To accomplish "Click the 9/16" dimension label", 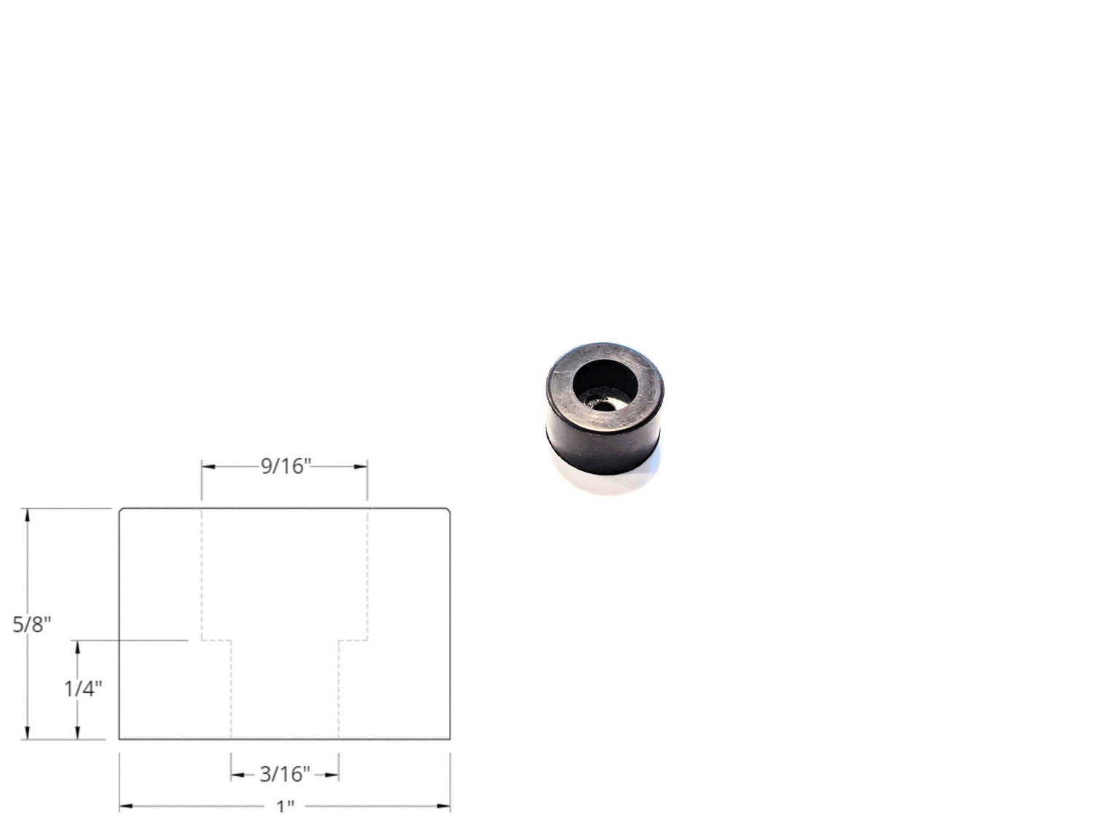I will tap(286, 466).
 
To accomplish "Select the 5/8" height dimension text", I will tap(31, 625).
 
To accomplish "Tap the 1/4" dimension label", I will tap(82, 688).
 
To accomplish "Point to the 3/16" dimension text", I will tap(285, 774).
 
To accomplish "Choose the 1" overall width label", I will tap(285, 806).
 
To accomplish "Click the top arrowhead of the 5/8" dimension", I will tap(28, 515).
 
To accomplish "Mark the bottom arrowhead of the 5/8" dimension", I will tap(28, 732).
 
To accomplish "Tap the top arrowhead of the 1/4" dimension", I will tap(77, 647).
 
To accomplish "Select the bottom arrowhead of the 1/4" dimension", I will tap(77, 732).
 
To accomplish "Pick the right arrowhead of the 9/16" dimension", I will tap(361, 467).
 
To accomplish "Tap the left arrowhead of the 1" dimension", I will tap(126, 806).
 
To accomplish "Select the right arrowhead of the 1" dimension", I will tap(444, 806).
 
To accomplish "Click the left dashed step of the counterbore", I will tap(216, 641).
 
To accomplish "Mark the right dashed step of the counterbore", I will tap(353, 641).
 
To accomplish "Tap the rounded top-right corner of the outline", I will tap(447, 511).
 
